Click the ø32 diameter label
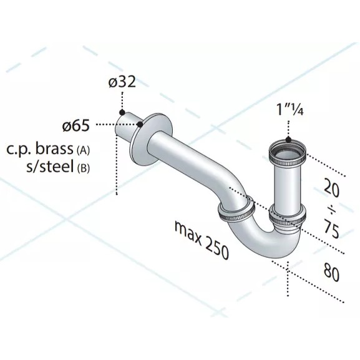click(122, 82)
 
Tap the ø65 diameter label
click(75, 126)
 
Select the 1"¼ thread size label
click(290, 109)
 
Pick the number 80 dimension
click(331, 273)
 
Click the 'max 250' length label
click(202, 240)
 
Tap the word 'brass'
click(54, 149)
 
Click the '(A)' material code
click(82, 150)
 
